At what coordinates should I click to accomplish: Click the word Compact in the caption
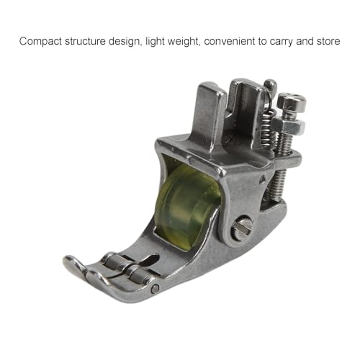click(41, 41)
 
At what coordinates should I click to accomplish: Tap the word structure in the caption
click(85, 41)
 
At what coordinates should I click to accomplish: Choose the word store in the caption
click(328, 41)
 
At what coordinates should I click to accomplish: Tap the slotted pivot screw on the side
click(242, 228)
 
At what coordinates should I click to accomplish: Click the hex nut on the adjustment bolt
click(288, 125)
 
